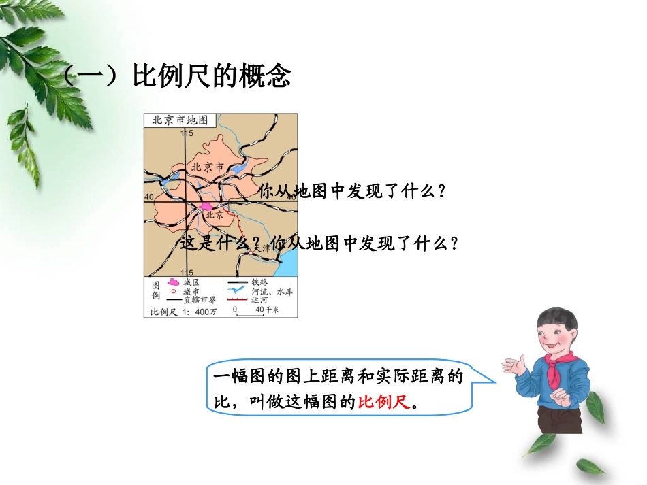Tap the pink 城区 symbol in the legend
174,282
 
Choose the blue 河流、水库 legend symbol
236,291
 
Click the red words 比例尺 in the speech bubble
385,402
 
